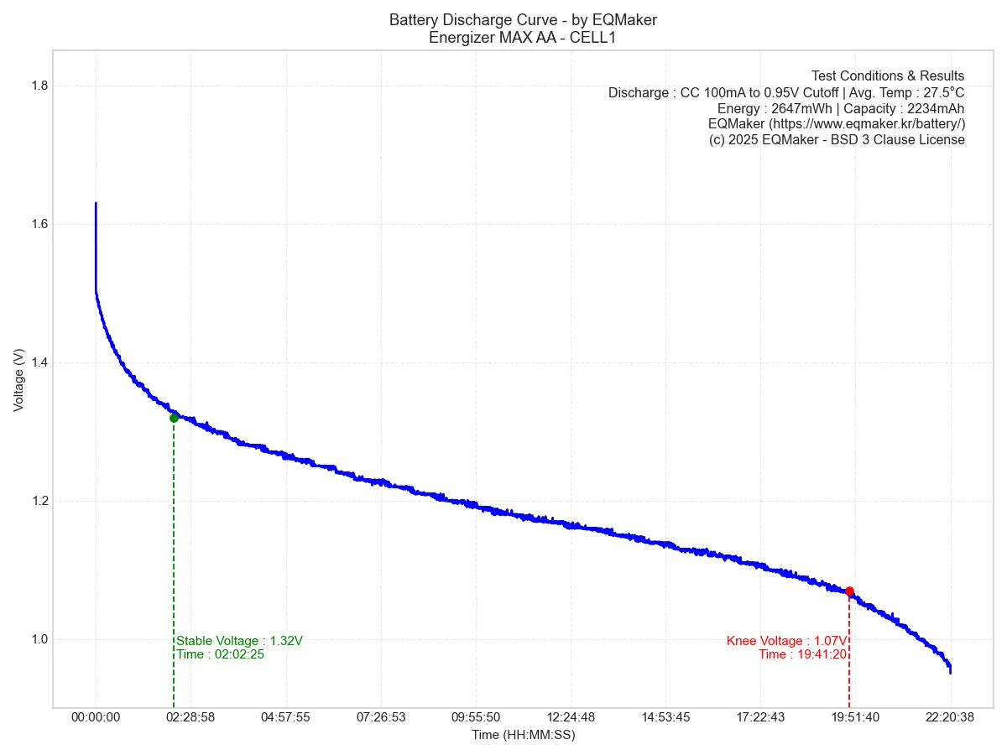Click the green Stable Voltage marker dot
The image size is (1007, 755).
click(174, 418)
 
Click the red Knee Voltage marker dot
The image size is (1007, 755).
click(849, 591)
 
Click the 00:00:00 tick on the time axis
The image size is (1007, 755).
click(96, 717)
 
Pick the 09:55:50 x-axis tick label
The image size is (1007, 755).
click(476, 717)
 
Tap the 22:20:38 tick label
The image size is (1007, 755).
click(950, 717)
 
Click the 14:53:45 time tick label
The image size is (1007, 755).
click(665, 717)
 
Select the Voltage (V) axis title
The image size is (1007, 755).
click(18, 379)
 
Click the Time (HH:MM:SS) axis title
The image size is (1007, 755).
click(523, 735)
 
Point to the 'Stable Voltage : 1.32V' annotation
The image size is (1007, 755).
click(239, 641)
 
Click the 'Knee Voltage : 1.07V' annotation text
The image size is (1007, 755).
click(786, 641)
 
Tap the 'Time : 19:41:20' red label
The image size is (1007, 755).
click(802, 654)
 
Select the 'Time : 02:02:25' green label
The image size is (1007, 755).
click(220, 654)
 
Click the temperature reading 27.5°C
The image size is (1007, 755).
click(936, 92)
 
